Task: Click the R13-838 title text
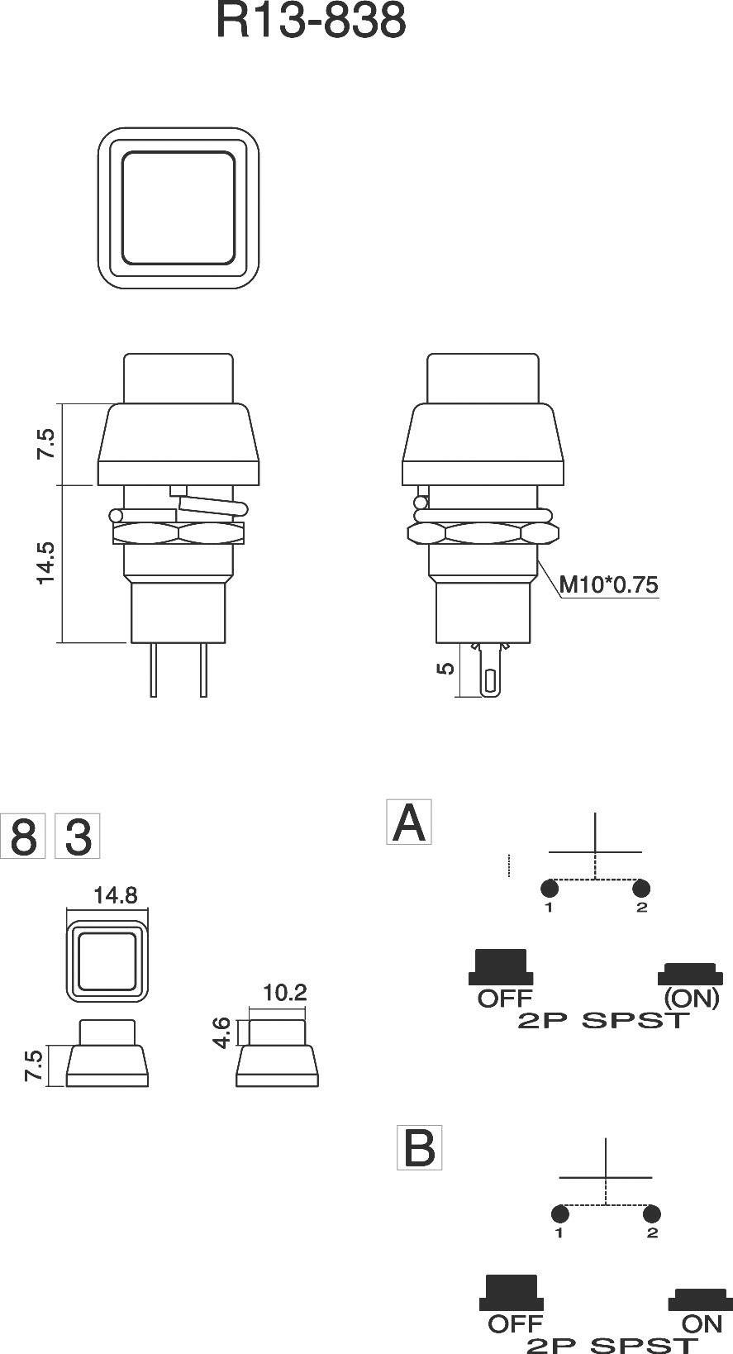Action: coord(311,21)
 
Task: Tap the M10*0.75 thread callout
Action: coord(609,585)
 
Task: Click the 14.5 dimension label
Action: coord(45,563)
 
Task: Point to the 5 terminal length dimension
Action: coord(445,668)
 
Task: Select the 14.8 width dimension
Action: coord(115,895)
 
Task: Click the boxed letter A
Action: coord(409,822)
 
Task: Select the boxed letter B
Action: coord(420,1147)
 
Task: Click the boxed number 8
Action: coord(22,837)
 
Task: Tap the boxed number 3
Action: coord(78,837)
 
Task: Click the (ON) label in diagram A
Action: coord(692,998)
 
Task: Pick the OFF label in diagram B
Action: coord(515,1323)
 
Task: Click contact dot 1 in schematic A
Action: coord(550,889)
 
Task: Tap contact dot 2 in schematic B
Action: coord(651,1214)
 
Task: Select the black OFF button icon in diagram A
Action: coord(501,966)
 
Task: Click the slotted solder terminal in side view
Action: coord(491,679)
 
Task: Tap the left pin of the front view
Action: coord(154,670)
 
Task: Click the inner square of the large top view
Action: coord(178,208)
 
